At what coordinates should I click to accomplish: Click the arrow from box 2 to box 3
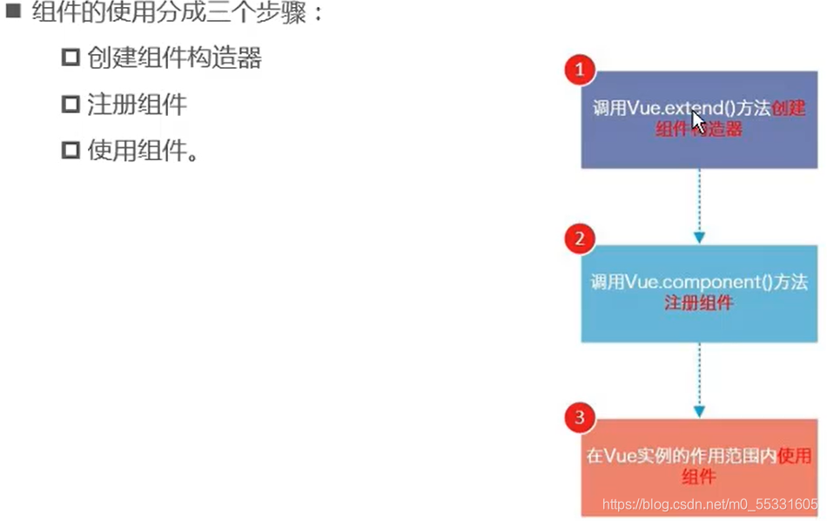click(698, 379)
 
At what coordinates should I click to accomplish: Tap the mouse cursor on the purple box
click(698, 121)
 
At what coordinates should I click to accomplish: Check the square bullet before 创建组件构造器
click(71, 58)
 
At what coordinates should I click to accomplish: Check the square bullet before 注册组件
click(71, 105)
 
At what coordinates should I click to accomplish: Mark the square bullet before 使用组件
click(71, 152)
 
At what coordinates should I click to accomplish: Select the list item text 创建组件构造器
click(174, 58)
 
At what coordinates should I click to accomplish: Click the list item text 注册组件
click(137, 105)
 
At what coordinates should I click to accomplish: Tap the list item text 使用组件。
click(143, 152)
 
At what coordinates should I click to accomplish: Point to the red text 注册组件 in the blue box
click(698, 303)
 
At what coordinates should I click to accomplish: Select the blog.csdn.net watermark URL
click(710, 504)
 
